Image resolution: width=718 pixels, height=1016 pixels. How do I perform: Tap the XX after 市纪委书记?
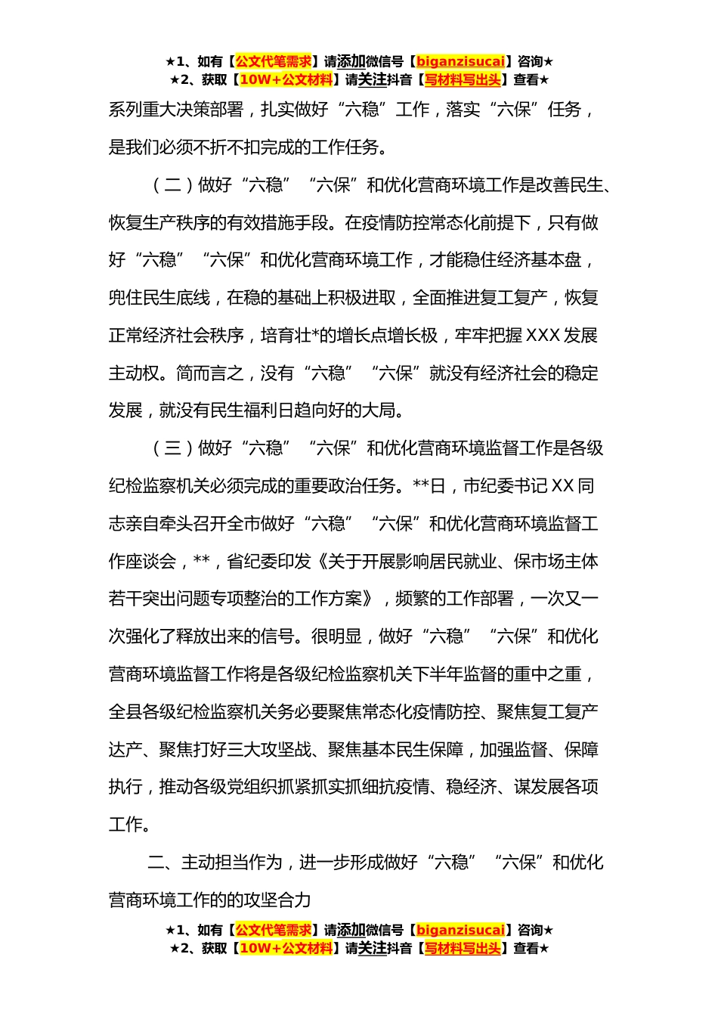pyautogui.click(x=563, y=486)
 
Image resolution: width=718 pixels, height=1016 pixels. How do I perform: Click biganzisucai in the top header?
pyautogui.click(x=460, y=61)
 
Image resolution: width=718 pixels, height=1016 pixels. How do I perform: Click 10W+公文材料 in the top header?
pyautogui.click(x=286, y=79)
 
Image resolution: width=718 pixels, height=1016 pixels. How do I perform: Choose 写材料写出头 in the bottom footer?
pyautogui.click(x=462, y=948)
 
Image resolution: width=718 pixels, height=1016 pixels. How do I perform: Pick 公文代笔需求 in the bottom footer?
pyautogui.click(x=273, y=930)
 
